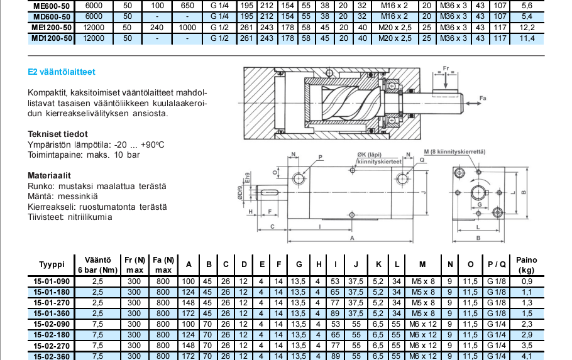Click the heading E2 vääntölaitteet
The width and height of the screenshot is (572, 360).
tap(62, 72)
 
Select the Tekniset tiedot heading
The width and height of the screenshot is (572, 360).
tap(58, 134)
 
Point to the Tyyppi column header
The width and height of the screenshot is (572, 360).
tap(52, 265)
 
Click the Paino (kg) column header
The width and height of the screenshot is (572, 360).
tap(527, 265)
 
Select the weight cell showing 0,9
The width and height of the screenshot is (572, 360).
tap(527, 281)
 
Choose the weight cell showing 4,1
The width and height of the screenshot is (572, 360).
tap(527, 356)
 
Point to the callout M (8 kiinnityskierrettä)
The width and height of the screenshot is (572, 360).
tap(454, 153)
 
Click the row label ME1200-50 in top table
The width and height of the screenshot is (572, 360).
tap(52, 28)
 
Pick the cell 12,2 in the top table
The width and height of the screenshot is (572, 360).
tap(527, 28)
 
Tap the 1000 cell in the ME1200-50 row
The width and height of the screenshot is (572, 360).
tap(187, 28)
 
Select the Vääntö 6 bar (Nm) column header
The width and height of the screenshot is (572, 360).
tap(97, 265)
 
